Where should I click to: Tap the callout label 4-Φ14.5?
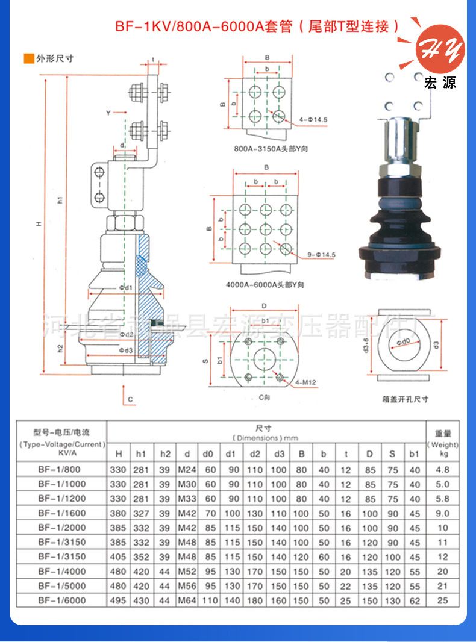pyautogui.click(x=313, y=120)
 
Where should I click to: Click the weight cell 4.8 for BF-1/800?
pyautogui.click(x=443, y=470)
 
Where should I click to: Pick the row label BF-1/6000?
pyautogui.click(x=62, y=600)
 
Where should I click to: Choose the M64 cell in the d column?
pyautogui.click(x=187, y=600)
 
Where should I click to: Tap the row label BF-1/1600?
pyautogui.click(x=62, y=513)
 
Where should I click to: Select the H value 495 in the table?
pyautogui.click(x=119, y=600)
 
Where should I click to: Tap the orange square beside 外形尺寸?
pyautogui.click(x=27, y=58)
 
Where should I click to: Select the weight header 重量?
pyautogui.click(x=443, y=432)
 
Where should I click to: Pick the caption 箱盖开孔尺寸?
pyautogui.click(x=405, y=399)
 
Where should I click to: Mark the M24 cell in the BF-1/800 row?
pyautogui.click(x=187, y=470)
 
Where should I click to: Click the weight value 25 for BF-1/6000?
pyautogui.click(x=443, y=600)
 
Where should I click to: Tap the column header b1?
pyautogui.click(x=414, y=453)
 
